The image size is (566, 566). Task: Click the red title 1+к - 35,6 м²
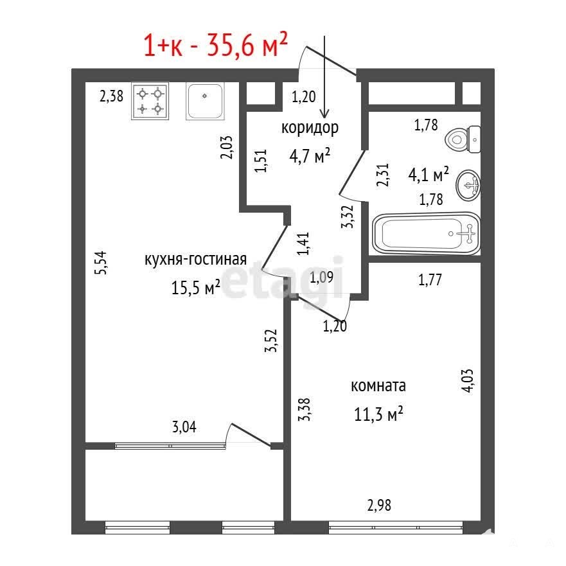point(215,45)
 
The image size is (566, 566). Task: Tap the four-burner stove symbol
point(150,101)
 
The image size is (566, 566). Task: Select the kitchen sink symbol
point(205,101)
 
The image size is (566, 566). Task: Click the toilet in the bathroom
point(463,139)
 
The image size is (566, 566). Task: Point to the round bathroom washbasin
point(468,185)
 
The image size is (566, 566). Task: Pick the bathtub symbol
point(427,234)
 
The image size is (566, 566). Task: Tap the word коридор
point(310,128)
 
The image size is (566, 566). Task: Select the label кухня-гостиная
point(196,260)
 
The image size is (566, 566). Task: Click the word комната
point(378,386)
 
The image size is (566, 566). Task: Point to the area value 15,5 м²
point(196,288)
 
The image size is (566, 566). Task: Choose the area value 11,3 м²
point(378,414)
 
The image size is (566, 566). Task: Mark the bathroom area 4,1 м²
point(429,175)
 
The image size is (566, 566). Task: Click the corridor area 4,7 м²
point(310,156)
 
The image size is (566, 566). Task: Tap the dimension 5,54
point(102,263)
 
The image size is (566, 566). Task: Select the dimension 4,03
point(468,380)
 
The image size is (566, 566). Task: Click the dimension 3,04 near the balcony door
point(184,427)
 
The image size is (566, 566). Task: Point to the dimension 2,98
point(379,506)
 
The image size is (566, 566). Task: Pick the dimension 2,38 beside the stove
point(112,96)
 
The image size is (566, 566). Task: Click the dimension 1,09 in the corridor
point(321,278)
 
